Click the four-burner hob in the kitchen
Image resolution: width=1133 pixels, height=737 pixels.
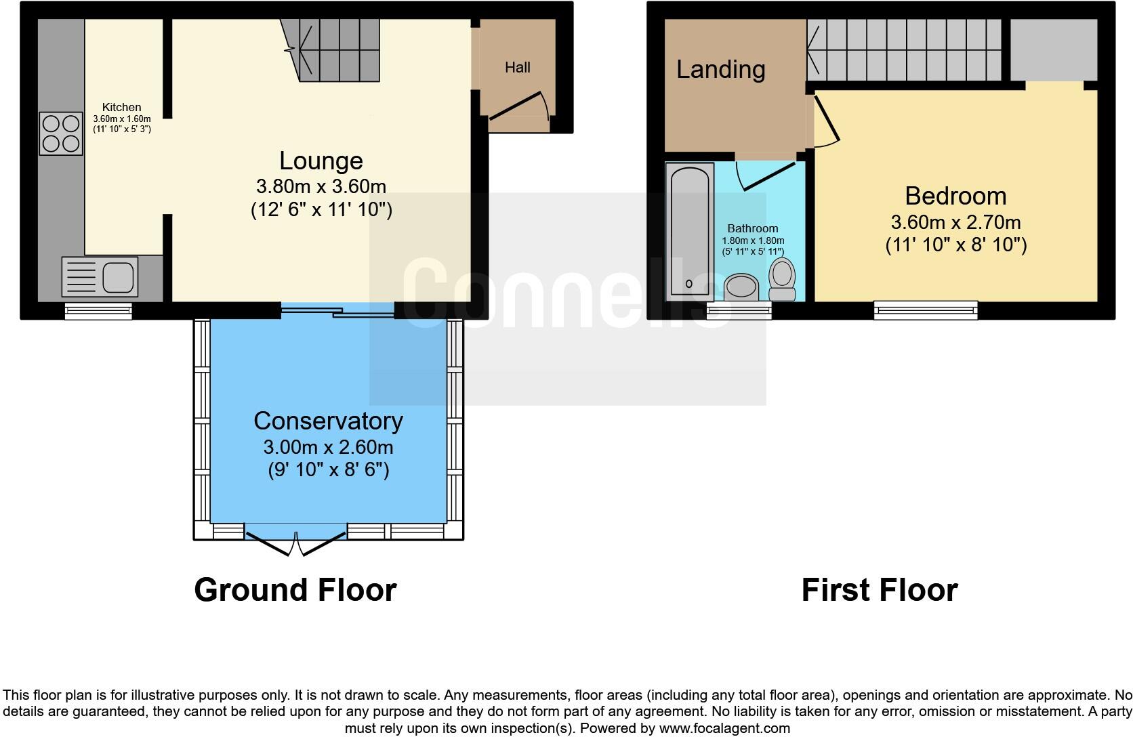point(61,133)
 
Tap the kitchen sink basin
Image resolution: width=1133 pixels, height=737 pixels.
point(118,276)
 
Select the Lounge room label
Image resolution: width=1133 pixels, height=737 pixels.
point(321,161)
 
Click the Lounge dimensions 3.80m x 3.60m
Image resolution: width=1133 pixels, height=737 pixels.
point(321,186)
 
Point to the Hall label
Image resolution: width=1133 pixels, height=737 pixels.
point(518,68)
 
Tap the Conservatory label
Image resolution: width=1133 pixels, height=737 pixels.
point(328,421)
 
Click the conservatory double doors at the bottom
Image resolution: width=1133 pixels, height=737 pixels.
point(295,543)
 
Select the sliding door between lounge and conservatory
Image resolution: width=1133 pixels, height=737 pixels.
point(337,312)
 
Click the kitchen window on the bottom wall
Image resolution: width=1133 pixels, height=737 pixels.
point(98,311)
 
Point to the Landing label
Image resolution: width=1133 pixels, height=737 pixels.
point(721,69)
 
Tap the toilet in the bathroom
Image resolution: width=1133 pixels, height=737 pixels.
point(782,279)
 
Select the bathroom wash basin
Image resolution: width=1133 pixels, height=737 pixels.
point(741,287)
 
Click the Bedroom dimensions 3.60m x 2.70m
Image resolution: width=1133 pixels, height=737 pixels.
point(955,222)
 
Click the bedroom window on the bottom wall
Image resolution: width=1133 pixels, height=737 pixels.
point(926,310)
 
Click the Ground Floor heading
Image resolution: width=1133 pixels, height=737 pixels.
point(295,590)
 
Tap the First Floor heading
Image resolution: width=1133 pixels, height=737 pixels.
point(879,590)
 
